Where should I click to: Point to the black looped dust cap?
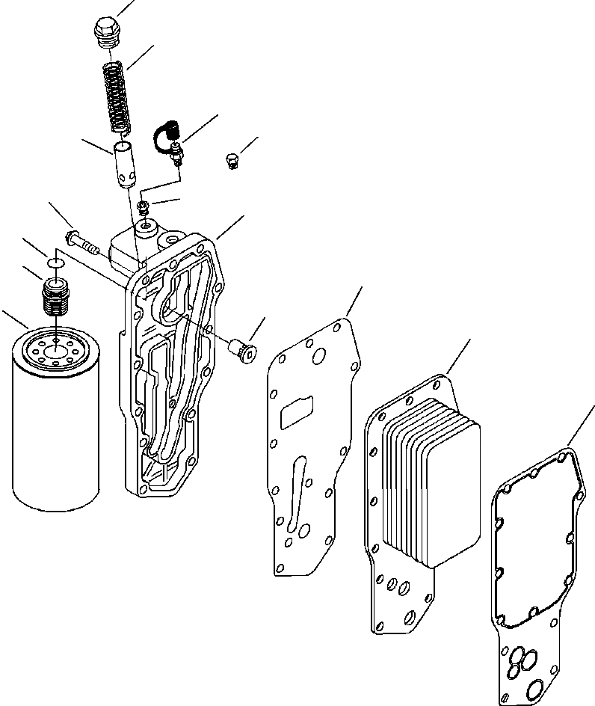click(162, 135)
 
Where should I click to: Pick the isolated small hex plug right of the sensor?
click(232, 159)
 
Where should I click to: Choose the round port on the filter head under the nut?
click(146, 224)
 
